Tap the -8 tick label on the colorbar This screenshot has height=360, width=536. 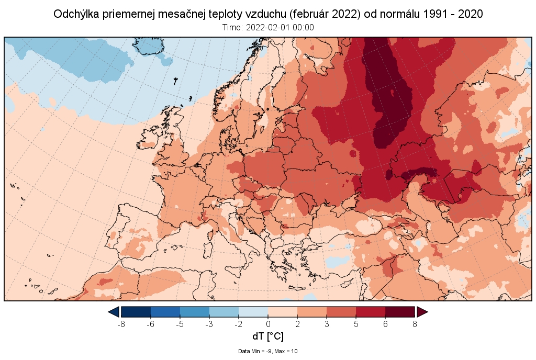[x=121, y=324]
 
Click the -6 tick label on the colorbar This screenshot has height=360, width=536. [x=150, y=324]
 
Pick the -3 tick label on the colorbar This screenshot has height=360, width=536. [x=209, y=324]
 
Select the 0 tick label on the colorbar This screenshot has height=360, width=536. [x=268, y=324]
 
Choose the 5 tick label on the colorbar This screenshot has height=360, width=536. [x=356, y=324]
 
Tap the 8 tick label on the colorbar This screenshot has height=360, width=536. [x=415, y=324]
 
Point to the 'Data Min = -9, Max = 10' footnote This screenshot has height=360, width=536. [x=267, y=351]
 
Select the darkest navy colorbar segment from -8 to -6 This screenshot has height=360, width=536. [x=136, y=312]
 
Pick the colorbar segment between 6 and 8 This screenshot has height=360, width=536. [x=400, y=312]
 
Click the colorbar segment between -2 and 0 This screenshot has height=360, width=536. [x=253, y=312]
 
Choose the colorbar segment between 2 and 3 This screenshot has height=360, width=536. [x=312, y=312]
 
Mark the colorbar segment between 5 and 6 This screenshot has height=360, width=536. [x=371, y=312]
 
